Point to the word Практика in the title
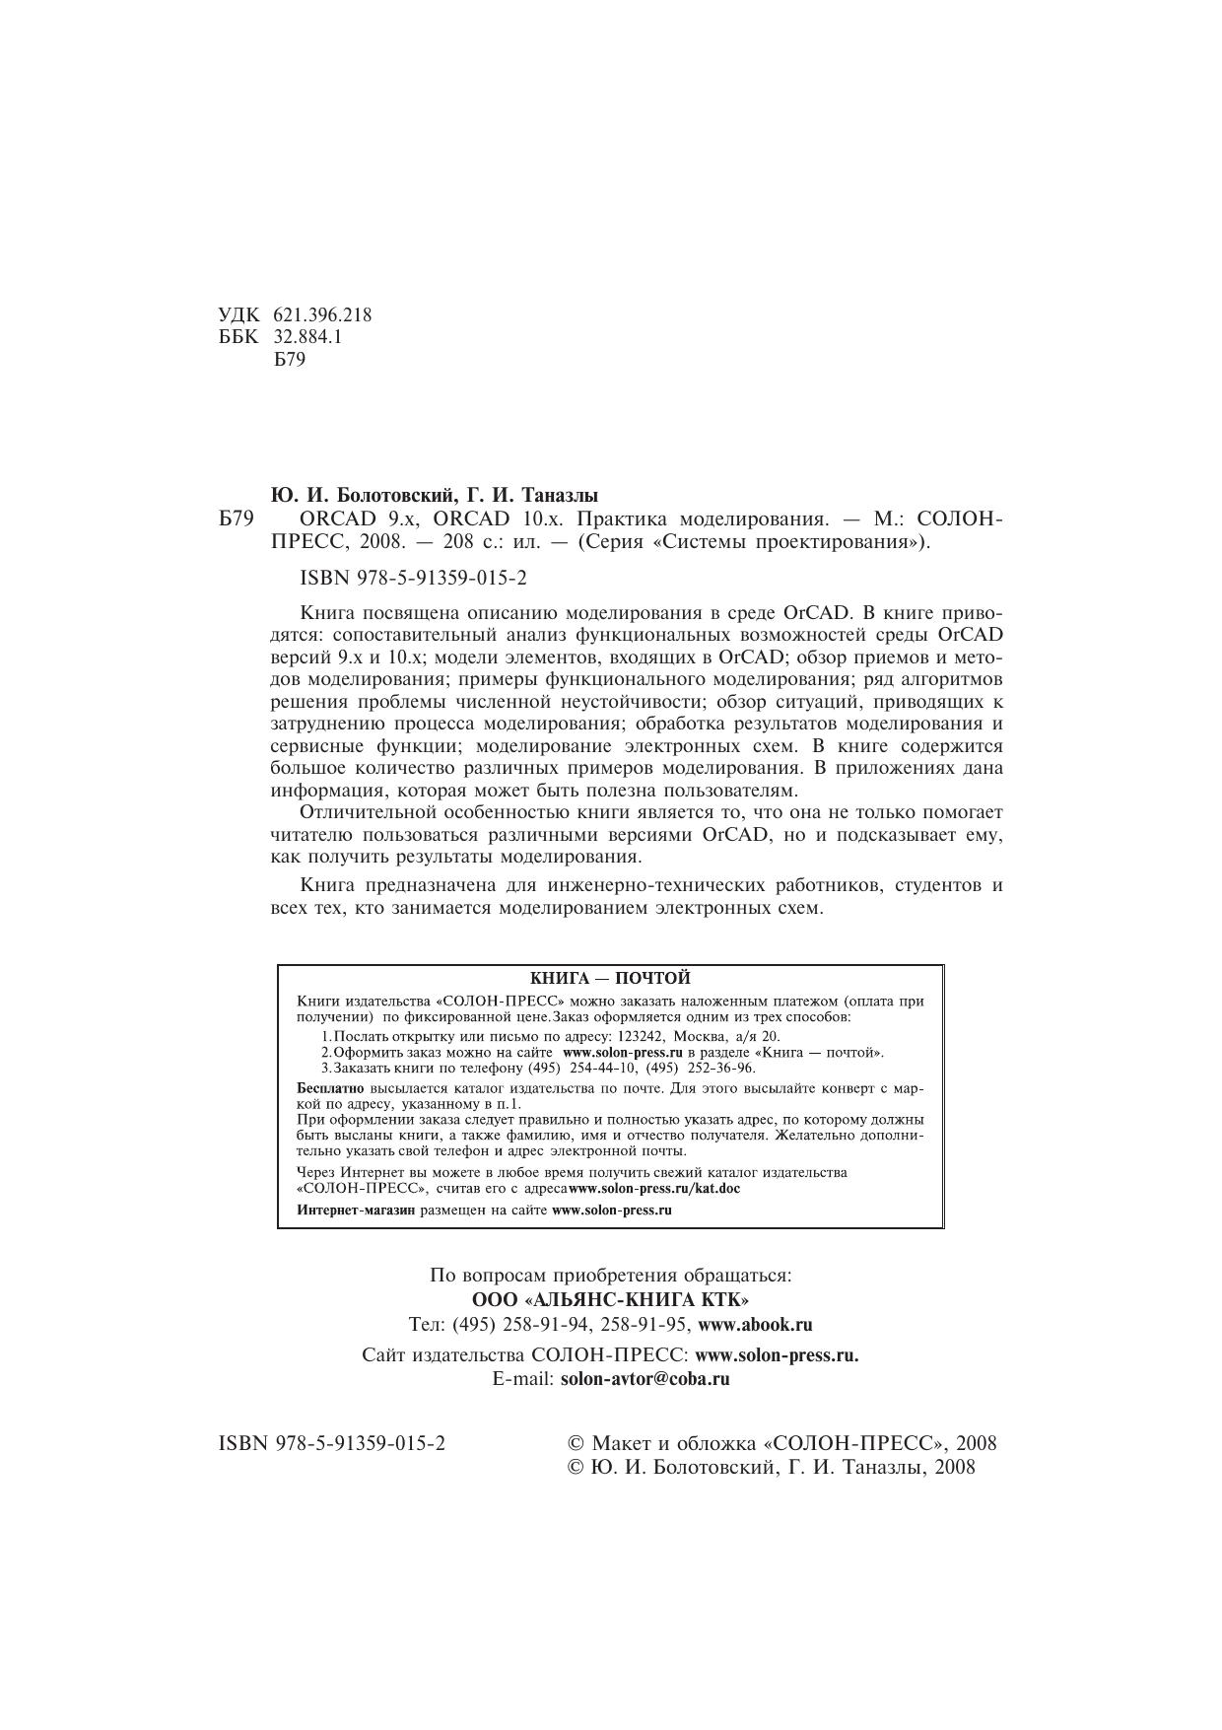click(x=618, y=519)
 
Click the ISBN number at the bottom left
click(x=331, y=1443)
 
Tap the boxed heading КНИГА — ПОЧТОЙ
click(x=610, y=978)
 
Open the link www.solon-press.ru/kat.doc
click(x=654, y=1188)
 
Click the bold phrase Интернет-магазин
click(x=356, y=1210)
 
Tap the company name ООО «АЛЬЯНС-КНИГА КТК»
click(x=610, y=1299)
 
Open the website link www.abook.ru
click(x=755, y=1324)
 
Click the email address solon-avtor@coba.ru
click(x=645, y=1379)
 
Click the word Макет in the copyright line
click(x=628, y=1443)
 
